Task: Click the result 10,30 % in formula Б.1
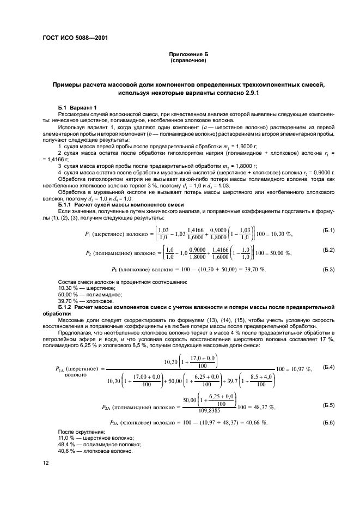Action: click(280, 234)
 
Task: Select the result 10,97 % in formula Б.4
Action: click(299, 369)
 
